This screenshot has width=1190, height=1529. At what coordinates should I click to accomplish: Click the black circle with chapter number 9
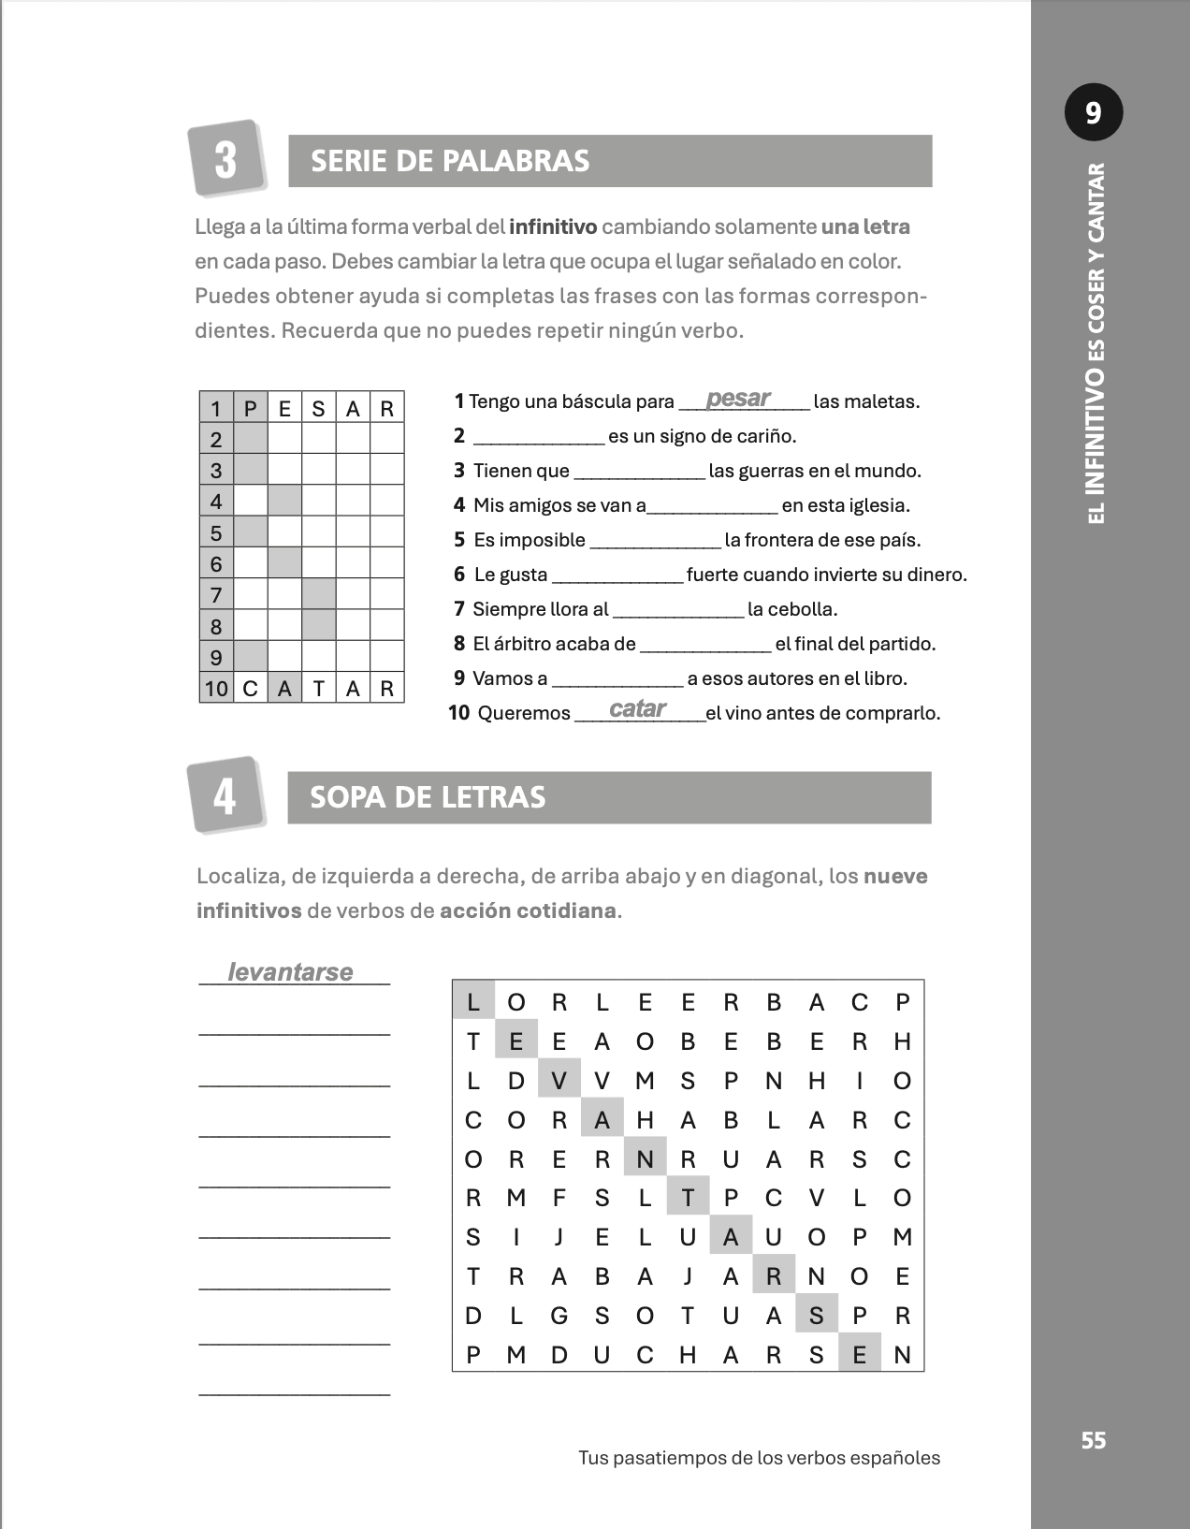pyautogui.click(x=1093, y=112)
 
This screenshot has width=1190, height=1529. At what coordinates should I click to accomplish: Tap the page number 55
pyautogui.click(x=1093, y=1440)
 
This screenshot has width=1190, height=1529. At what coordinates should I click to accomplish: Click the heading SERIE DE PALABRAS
pyautogui.click(x=450, y=161)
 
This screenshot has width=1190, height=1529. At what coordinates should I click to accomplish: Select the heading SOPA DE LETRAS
pyautogui.click(x=428, y=797)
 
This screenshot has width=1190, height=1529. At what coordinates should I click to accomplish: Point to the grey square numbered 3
pyautogui.click(x=225, y=158)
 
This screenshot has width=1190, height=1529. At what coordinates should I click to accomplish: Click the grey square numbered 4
pyautogui.click(x=225, y=795)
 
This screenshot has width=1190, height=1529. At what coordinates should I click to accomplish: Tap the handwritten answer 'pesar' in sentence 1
pyautogui.click(x=738, y=399)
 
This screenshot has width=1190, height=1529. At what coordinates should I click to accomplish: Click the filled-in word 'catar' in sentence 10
pyautogui.click(x=637, y=709)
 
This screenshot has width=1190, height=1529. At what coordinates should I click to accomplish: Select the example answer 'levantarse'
pyautogui.click(x=290, y=972)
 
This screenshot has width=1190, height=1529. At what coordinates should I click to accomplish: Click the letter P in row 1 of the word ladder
pyautogui.click(x=250, y=409)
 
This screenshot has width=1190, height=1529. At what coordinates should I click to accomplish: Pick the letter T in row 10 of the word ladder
pyautogui.click(x=319, y=690)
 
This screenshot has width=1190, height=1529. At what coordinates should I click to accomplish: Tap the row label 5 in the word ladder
pyautogui.click(x=216, y=533)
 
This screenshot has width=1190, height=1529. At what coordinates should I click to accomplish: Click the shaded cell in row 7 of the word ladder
pyautogui.click(x=319, y=594)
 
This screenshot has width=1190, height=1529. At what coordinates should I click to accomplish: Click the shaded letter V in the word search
pyautogui.click(x=559, y=1081)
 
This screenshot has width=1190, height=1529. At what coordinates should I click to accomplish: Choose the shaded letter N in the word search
pyautogui.click(x=645, y=1159)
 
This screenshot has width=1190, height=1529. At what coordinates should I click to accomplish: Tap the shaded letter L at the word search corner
pyautogui.click(x=473, y=1002)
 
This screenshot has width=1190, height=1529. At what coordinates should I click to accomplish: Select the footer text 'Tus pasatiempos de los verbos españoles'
pyautogui.click(x=759, y=1458)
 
